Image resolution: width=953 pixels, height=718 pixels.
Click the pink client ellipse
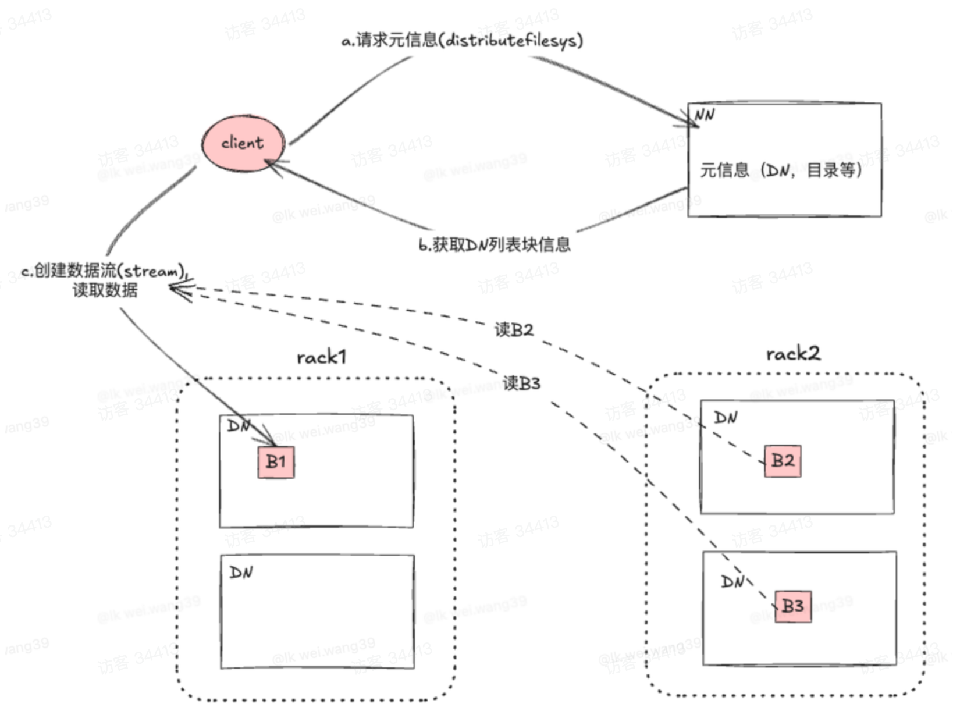point(243,143)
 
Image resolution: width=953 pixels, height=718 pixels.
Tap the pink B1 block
point(276,462)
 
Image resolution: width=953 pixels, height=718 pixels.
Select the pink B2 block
point(783,461)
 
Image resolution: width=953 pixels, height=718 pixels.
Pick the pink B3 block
point(793,606)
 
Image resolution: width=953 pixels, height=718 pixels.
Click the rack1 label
point(321,357)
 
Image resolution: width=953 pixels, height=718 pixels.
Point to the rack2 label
point(792,353)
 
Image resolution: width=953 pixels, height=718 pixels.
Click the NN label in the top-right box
point(705,115)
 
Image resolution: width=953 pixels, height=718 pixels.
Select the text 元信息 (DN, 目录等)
point(780,170)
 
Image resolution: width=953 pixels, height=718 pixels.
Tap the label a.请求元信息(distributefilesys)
point(462,40)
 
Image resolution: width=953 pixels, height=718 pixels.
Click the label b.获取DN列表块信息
point(495,244)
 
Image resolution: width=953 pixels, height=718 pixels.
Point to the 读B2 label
point(514,330)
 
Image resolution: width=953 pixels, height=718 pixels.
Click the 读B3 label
point(521,383)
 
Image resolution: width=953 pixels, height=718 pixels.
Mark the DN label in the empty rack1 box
point(241,573)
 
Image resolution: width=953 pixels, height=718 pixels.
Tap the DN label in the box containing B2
point(726,417)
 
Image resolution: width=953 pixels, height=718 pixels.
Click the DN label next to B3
point(733,581)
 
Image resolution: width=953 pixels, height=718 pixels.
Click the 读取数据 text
point(105,290)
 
